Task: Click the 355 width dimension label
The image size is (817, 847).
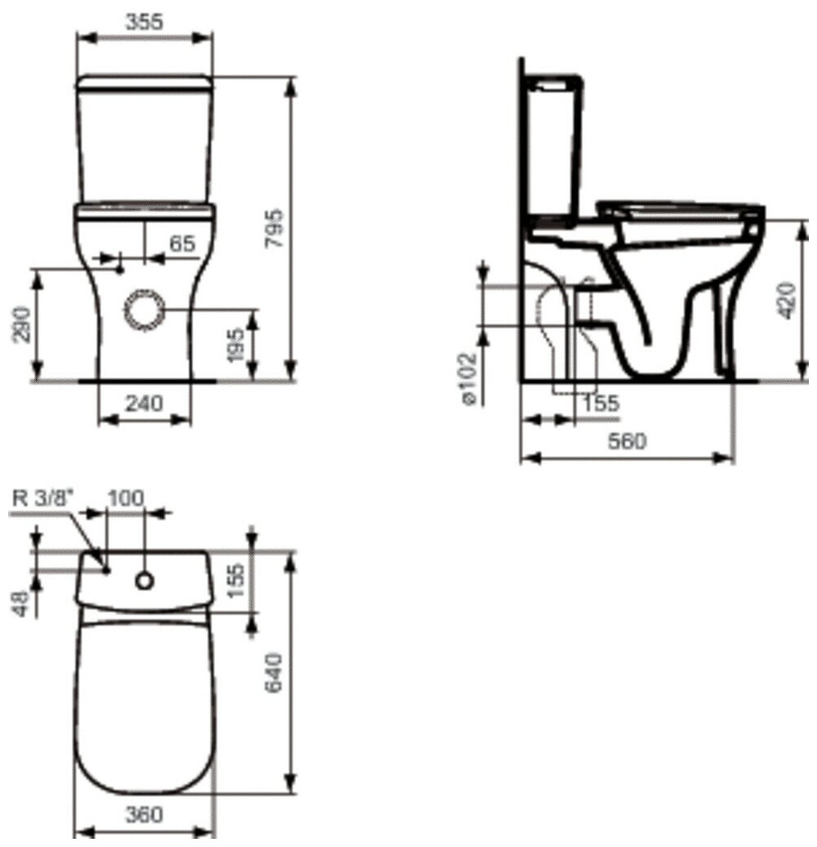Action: [144, 22]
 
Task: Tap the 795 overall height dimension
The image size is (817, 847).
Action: [275, 229]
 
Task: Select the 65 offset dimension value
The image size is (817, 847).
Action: [182, 243]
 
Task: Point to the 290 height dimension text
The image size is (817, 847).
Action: [22, 325]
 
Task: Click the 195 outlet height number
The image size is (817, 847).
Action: [235, 345]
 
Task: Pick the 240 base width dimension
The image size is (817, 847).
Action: [144, 403]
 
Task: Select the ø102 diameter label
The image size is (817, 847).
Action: [469, 378]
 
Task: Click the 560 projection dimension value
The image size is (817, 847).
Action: [627, 441]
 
